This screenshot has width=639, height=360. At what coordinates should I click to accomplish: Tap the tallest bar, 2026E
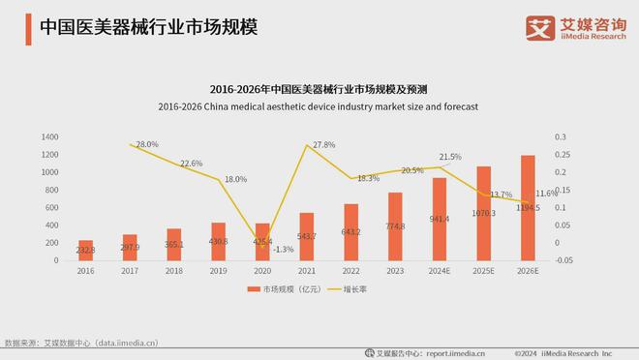(x=528, y=209)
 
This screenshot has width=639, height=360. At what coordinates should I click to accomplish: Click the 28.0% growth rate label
(x=147, y=144)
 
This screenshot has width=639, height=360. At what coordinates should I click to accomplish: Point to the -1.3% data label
(x=284, y=249)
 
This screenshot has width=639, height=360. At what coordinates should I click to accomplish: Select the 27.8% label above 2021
(x=323, y=145)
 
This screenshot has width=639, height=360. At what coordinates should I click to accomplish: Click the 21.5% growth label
(x=450, y=156)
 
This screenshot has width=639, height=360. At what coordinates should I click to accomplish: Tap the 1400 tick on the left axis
(x=50, y=137)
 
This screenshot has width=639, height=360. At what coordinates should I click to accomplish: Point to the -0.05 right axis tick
(x=563, y=260)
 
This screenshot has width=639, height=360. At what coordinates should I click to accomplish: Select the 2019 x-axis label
(x=219, y=273)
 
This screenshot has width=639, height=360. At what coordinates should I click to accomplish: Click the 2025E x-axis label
(x=483, y=273)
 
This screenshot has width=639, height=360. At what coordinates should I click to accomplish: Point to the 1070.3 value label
(x=484, y=213)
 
